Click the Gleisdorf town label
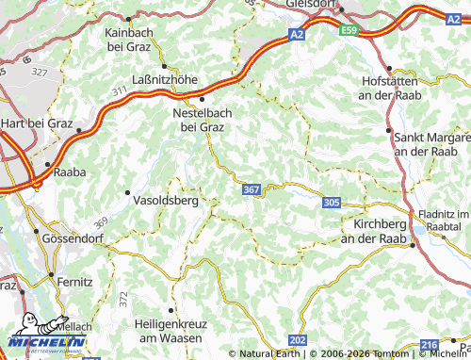click(x=314, y=4)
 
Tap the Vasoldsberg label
click(x=168, y=201)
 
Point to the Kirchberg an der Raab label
click(x=384, y=232)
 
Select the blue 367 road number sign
click(x=252, y=190)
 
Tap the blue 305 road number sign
click(x=331, y=202)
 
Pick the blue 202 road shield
click(x=299, y=339)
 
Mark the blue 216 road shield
click(x=429, y=346)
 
